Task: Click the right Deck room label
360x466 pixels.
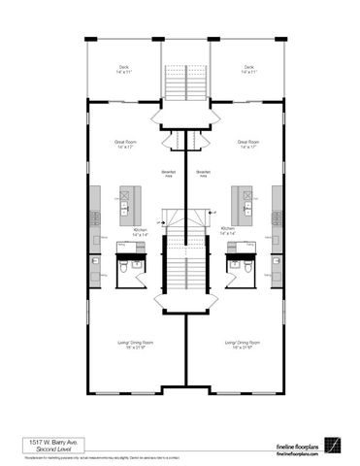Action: coord(249,70)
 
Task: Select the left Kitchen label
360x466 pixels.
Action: coord(141,232)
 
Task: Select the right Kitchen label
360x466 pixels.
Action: coord(229,232)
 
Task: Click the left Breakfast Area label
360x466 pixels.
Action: coord(167,174)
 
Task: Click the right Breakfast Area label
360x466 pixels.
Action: coord(204,174)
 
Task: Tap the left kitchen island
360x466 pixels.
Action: coord(126,202)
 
